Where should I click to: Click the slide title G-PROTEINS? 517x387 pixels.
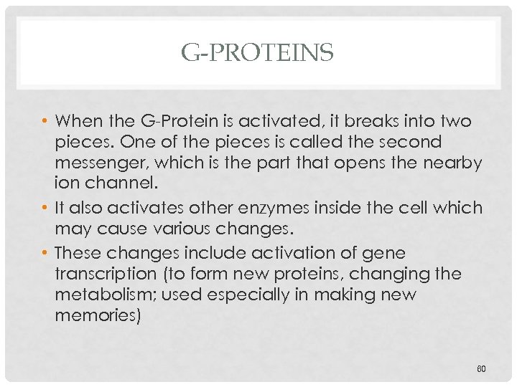point(258,52)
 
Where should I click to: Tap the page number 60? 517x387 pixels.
point(481,368)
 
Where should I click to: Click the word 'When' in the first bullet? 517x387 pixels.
point(78,120)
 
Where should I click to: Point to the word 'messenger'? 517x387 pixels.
point(105,163)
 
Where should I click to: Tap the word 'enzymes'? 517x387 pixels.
point(280,209)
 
